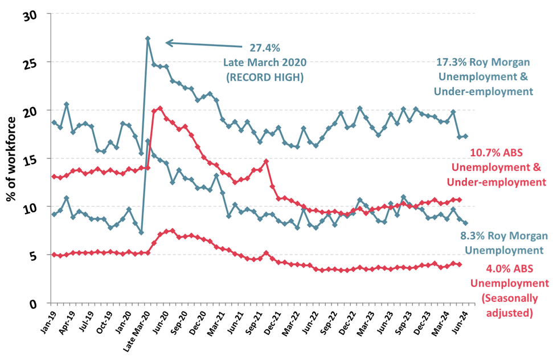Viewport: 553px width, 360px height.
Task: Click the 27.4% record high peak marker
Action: click(148, 39)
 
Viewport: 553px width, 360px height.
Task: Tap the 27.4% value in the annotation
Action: click(265, 48)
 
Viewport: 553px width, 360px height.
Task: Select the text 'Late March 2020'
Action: click(265, 62)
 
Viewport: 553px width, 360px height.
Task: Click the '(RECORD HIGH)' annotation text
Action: click(265, 76)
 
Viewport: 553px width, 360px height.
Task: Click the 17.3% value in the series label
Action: click(449, 63)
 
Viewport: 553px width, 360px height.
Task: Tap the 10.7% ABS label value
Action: click(484, 153)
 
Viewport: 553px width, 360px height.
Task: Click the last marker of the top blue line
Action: click(466, 136)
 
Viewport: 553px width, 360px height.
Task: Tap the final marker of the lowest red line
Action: click(460, 264)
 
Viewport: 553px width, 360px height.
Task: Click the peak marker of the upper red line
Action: click(160, 108)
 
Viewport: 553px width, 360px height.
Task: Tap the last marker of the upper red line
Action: click(460, 199)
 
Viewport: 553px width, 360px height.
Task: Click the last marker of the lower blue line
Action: click(466, 223)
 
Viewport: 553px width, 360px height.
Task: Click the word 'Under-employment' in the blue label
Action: click(484, 91)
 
